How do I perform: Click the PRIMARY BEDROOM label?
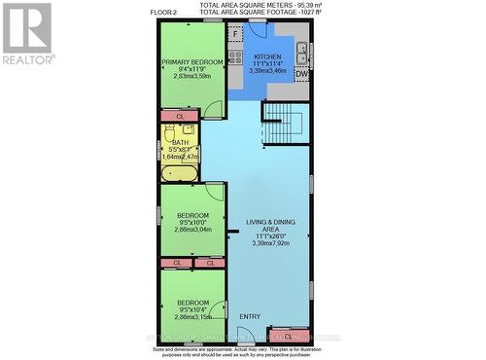coord(192,62)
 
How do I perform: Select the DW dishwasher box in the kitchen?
coord(301,74)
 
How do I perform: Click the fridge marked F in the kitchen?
coord(235,33)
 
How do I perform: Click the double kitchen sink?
coord(302,50)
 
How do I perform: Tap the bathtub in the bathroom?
coord(179,174)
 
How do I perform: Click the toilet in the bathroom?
coord(166,129)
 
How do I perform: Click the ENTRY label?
coord(250,316)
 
